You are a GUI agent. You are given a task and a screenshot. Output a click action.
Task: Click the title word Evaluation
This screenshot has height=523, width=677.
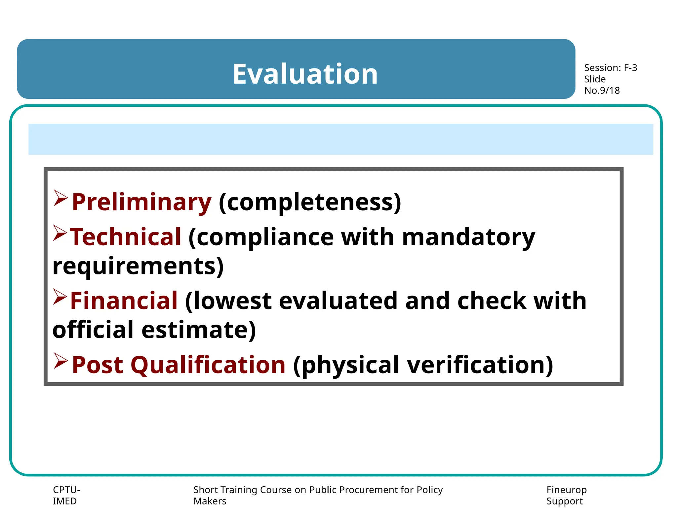[x=305, y=74]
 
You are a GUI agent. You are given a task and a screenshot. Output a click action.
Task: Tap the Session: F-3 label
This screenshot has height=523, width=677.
[x=610, y=68]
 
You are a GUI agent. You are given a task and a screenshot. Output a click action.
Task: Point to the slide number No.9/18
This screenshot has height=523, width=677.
[x=602, y=91]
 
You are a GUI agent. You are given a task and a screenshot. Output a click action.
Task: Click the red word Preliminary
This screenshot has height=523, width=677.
[x=141, y=202]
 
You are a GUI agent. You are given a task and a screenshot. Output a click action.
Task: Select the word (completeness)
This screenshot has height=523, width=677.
[x=310, y=202]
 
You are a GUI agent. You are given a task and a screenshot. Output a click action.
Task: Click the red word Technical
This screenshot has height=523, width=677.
[x=126, y=237]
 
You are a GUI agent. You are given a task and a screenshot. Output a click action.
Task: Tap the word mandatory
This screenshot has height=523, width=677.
[x=468, y=237]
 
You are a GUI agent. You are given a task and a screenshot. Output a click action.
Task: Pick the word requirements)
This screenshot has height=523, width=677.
[x=138, y=266]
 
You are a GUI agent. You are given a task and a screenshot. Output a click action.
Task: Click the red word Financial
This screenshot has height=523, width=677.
[x=124, y=301]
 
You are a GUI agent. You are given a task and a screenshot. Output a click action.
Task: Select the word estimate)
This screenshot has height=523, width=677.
[x=199, y=330]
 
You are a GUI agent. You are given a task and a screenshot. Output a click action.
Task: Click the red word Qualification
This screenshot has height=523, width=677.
[x=208, y=365]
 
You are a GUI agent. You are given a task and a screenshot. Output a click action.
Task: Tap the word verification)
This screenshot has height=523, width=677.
[x=480, y=365]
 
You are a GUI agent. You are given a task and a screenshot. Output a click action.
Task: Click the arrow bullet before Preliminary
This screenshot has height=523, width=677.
[x=60, y=198]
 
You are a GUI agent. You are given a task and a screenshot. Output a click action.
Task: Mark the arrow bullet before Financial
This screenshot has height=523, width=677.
[x=60, y=297]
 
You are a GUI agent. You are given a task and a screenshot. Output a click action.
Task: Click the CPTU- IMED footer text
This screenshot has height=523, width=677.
[x=66, y=495]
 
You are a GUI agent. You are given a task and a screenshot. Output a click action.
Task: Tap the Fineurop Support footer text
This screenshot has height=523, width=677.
[x=566, y=495]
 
